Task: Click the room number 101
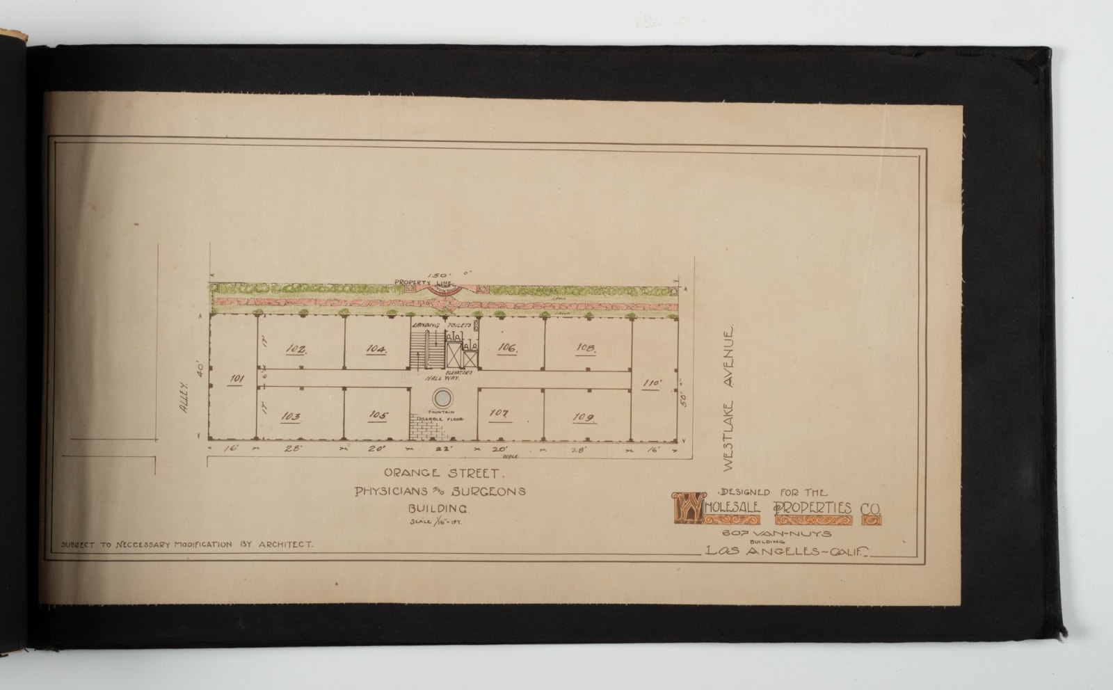[237, 379]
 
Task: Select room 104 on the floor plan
[376, 348]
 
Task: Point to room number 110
[652, 383]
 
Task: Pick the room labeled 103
[291, 416]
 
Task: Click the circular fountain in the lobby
[442, 398]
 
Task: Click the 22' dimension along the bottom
[441, 450]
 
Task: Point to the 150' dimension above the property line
[441, 275]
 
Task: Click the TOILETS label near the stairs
[460, 325]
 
